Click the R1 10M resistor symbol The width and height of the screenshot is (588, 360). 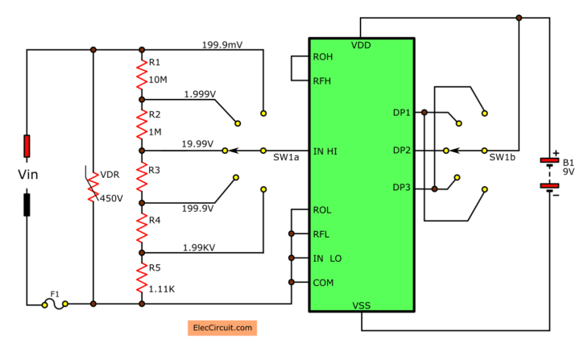142,74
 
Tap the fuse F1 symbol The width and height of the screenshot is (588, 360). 55,304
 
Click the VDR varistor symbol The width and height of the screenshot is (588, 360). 93,185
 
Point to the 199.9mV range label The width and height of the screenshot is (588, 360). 223,44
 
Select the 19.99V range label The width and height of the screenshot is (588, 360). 197,144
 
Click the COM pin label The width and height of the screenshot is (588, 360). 323,283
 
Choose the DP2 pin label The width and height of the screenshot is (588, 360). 402,151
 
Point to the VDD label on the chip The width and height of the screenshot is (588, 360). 362,46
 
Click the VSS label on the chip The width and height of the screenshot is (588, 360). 362,305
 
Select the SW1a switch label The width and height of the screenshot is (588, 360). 286,159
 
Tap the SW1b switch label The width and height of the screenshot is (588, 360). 502,158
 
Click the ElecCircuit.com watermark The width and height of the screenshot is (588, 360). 222,328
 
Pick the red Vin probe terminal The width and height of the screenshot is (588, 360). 27,146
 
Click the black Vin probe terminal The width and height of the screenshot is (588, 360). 27,205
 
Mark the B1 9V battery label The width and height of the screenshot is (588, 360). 569,166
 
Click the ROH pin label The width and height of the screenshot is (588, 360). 324,57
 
